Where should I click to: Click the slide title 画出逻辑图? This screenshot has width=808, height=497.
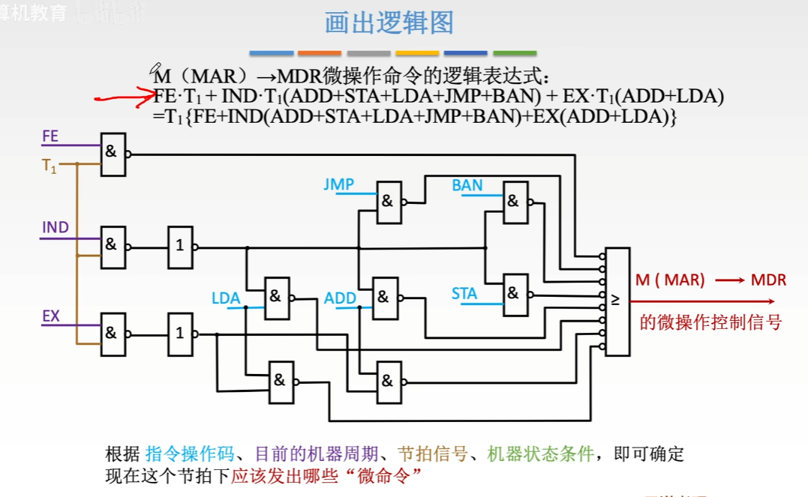389,23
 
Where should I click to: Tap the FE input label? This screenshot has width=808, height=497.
50,136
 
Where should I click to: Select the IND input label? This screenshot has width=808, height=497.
56,227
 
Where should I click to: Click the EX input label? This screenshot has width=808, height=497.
50,316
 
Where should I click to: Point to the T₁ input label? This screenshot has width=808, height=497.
50,167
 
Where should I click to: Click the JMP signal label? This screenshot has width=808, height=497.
338,184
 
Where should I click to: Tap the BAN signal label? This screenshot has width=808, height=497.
467,185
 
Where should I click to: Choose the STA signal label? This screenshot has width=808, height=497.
464,294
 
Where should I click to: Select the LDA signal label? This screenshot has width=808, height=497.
226,298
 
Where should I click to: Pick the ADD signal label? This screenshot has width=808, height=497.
340,298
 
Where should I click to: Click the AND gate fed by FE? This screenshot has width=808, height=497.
113,154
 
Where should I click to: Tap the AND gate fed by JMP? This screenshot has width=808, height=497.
389,202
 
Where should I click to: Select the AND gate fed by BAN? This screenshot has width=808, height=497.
515,202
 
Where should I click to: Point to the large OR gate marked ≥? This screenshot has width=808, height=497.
617,301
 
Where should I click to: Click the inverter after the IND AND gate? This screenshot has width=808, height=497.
180,246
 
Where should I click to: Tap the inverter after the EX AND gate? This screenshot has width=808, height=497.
180,334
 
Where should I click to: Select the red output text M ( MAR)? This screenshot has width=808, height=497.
671,280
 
